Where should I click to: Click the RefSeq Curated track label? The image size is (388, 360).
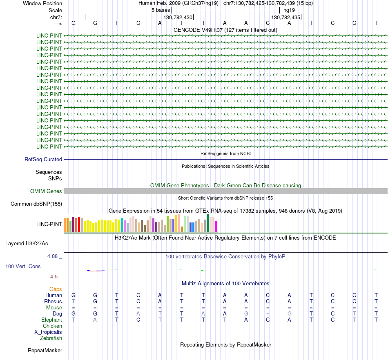[43, 160]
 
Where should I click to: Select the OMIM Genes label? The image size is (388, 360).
[46, 191]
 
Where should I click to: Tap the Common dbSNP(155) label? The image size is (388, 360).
[36, 204]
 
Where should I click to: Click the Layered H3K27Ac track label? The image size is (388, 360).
[27, 244]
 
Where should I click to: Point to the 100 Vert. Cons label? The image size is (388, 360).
[23, 267]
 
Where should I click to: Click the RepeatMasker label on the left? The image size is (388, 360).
[45, 351]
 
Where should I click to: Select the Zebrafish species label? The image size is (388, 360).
[51, 338]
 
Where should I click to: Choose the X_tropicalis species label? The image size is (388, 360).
[48, 332]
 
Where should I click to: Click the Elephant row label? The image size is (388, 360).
[51, 320]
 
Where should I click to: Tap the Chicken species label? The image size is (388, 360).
[52, 326]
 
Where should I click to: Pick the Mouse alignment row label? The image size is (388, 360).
[54, 308]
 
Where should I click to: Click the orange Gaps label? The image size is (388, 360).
[56, 289]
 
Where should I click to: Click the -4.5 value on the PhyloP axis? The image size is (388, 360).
[54, 277]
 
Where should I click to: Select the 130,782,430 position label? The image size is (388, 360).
[178, 18]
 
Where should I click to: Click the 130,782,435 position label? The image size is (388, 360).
[285, 18]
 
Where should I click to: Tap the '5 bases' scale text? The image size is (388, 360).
[161, 10]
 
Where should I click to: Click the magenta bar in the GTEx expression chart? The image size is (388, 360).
[216, 227]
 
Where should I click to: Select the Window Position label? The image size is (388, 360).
[42, 3]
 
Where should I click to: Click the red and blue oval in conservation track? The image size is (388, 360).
[96, 270]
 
